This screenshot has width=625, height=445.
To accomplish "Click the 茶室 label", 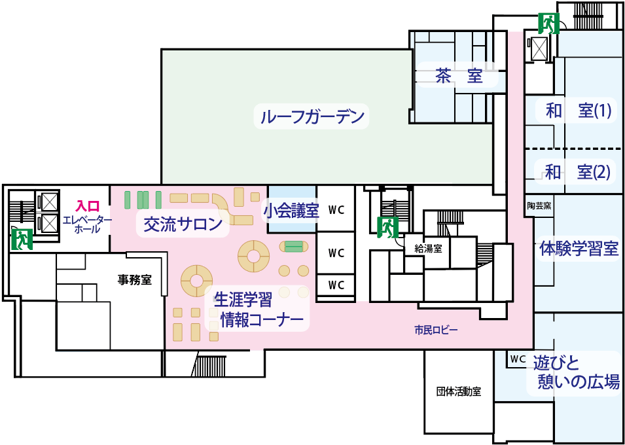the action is [x=459, y=75].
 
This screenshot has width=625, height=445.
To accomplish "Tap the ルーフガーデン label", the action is [x=312, y=117].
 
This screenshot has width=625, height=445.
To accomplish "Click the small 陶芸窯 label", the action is [x=539, y=206].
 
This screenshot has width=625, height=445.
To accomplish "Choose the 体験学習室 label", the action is [x=579, y=249].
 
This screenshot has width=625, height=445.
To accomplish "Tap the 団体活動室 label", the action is [x=459, y=391].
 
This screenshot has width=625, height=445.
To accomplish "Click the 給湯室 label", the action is [x=428, y=249].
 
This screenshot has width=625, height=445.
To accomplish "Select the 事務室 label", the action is [x=134, y=279].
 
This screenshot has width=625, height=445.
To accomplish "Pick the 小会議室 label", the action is [x=291, y=212].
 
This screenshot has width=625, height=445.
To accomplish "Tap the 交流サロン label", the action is [x=183, y=225].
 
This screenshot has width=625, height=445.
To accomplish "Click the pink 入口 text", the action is [x=87, y=207].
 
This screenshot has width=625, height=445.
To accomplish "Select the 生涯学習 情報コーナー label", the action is [x=257, y=310].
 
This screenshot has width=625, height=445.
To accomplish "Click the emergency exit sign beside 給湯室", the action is [x=387, y=228].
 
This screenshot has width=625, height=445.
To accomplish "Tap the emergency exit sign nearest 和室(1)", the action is [x=548, y=24].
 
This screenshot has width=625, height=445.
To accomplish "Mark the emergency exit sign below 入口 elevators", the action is [x=22, y=240].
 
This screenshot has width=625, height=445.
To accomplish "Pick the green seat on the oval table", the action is [x=294, y=247].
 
